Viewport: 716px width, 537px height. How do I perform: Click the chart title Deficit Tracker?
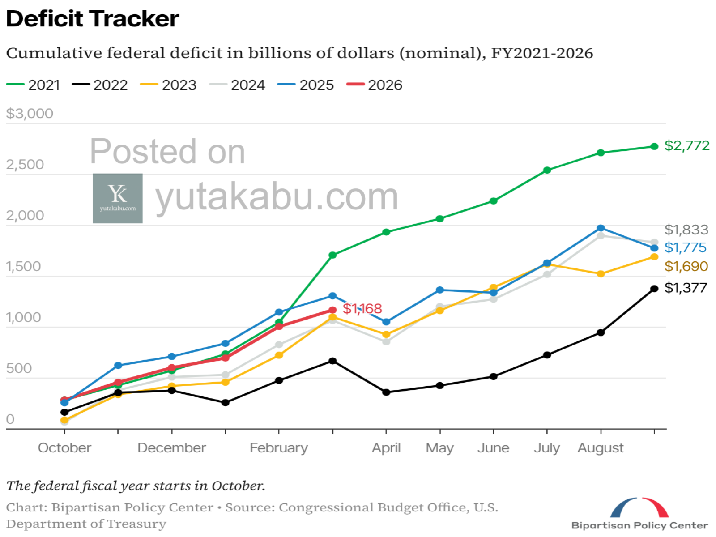coord(93,19)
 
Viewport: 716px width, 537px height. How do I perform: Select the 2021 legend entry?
coord(34,85)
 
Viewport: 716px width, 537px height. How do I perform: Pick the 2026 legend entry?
coord(375,85)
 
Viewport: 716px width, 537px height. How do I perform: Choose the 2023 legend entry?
coord(169,85)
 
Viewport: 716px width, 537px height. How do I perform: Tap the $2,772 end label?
coord(686,145)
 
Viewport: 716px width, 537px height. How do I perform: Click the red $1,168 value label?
coord(362,308)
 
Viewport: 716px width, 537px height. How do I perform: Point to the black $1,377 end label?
coord(686,288)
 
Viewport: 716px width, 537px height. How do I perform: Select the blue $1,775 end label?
coord(685,247)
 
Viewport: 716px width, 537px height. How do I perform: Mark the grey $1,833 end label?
coord(686,230)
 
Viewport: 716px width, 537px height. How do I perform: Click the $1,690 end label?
coord(686,266)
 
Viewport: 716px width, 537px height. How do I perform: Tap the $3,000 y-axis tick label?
coord(30,114)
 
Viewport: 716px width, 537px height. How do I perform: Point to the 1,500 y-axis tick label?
coord(23,266)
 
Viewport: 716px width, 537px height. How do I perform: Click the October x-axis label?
coord(64,447)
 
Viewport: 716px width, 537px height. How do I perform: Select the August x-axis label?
coord(600,447)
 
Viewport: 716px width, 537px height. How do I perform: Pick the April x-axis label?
coord(386,447)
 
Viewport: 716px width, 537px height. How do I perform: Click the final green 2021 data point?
coord(654,146)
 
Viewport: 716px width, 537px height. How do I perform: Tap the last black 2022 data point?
coord(654,289)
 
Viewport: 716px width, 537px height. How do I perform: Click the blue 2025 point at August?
coord(601,228)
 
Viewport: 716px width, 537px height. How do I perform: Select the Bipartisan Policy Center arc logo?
coord(639,507)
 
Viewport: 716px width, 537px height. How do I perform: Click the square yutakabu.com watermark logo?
coord(118,198)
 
